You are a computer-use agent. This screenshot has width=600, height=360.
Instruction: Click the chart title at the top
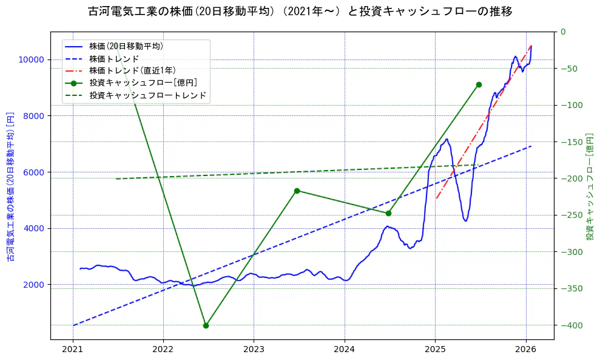tap(300, 12)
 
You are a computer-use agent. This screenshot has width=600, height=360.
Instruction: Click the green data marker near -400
tap(206, 325)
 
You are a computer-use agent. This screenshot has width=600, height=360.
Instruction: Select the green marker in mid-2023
tap(297, 191)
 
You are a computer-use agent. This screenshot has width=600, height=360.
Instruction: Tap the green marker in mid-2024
tap(388, 213)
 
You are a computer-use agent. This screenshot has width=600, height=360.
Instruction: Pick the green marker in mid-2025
tap(479, 84)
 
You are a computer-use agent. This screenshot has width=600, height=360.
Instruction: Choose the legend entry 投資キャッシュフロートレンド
tap(147, 95)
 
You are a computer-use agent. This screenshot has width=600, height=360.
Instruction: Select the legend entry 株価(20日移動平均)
tap(126, 46)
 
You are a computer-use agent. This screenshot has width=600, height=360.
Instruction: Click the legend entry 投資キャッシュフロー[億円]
tap(143, 83)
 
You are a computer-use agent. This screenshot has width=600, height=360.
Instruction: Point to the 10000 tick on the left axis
tap(30, 59)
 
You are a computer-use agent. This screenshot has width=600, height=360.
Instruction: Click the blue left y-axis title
tap(10, 187)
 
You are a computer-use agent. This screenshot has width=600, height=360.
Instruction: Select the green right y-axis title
tap(589, 187)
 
